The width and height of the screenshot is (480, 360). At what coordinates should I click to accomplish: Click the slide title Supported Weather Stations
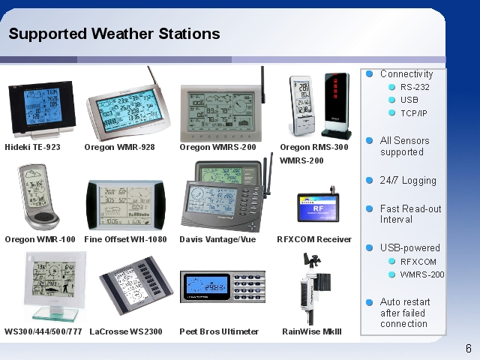114,34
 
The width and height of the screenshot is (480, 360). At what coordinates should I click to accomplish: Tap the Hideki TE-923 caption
32,147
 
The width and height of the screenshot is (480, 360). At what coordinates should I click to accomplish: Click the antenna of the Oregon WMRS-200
262,85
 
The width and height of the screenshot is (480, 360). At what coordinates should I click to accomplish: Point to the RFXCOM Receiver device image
318,205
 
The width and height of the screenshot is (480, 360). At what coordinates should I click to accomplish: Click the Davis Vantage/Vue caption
217,239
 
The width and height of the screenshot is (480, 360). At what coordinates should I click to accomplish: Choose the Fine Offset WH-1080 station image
125,205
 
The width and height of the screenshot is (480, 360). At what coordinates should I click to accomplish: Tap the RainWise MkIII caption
312,331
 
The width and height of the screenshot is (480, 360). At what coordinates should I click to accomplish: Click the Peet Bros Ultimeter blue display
207,286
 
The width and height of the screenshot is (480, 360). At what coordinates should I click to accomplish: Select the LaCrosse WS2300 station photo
136,285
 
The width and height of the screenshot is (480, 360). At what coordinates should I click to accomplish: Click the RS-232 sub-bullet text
415,87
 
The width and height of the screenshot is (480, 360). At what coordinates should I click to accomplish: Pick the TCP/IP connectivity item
413,113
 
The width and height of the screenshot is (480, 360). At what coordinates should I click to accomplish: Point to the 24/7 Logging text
408,181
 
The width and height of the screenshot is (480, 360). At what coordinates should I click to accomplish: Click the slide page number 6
469,349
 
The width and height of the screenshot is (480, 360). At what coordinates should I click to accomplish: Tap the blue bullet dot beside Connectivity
370,73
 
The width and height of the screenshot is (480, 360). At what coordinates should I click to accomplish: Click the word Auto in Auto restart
390,301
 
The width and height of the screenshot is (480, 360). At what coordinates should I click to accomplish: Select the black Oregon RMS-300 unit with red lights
337,106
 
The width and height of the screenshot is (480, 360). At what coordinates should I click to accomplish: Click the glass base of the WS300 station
55,314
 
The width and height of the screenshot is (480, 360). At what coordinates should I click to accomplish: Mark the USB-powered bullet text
410,247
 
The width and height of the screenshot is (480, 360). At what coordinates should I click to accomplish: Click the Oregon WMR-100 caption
40,239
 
